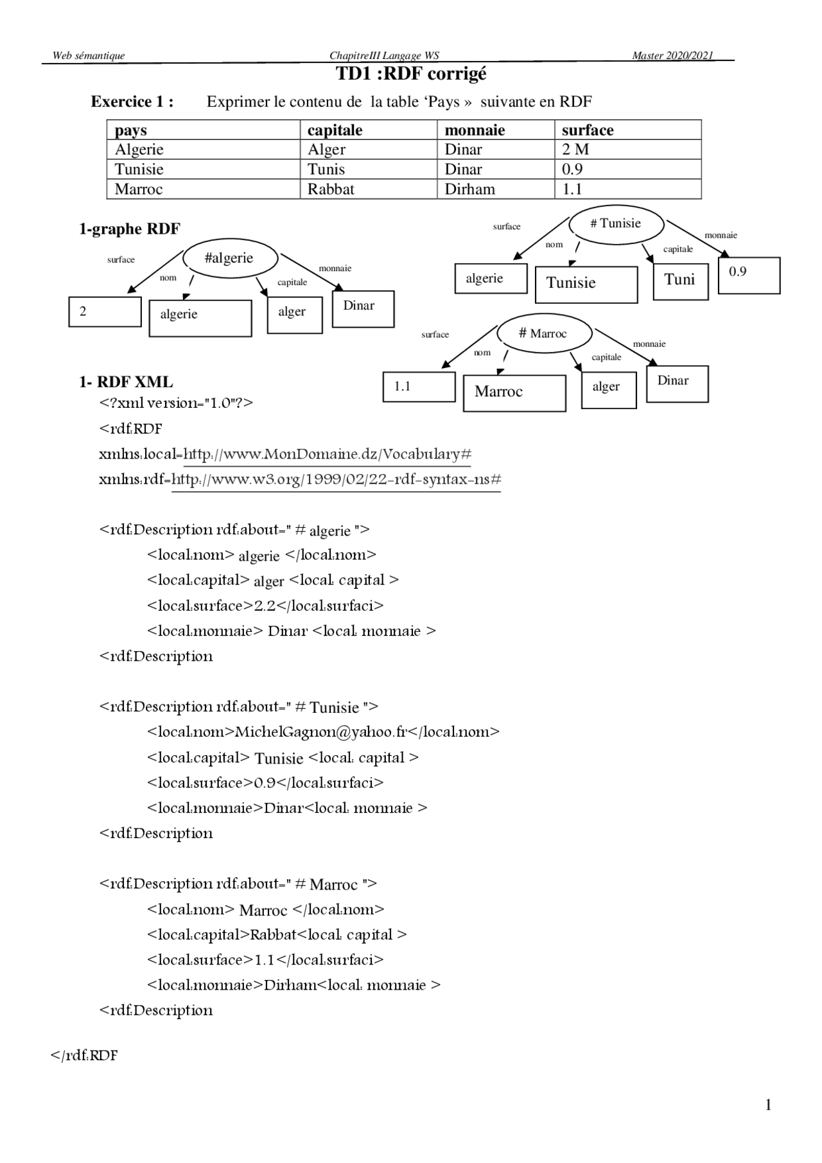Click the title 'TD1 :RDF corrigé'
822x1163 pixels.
tap(412, 74)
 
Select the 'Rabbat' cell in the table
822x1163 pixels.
tap(331, 189)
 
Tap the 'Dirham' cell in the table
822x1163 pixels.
tap(469, 189)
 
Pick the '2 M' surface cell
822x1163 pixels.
tap(575, 150)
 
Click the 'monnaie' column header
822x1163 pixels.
tap(475, 130)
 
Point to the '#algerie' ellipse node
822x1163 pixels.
tap(230, 258)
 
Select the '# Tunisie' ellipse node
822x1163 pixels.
tap(616, 224)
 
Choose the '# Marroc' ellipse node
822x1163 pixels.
tap(543, 334)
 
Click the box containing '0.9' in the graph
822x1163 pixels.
tap(749, 275)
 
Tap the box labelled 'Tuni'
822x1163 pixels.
tap(680, 281)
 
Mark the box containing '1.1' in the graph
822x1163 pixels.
tap(419, 387)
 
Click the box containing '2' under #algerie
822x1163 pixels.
tap(105, 312)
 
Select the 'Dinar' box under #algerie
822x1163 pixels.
tap(363, 309)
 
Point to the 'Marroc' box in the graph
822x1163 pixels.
tap(514, 392)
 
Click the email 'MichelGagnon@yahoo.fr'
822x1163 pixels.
tap(321, 732)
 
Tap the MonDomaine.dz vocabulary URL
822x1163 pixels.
tap(328, 455)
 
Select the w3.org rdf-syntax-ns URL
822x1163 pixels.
tap(336, 480)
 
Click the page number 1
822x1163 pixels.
tap(768, 1105)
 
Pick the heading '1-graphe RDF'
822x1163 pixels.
tap(130, 229)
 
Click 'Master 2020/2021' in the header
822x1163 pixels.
tap(672, 56)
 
